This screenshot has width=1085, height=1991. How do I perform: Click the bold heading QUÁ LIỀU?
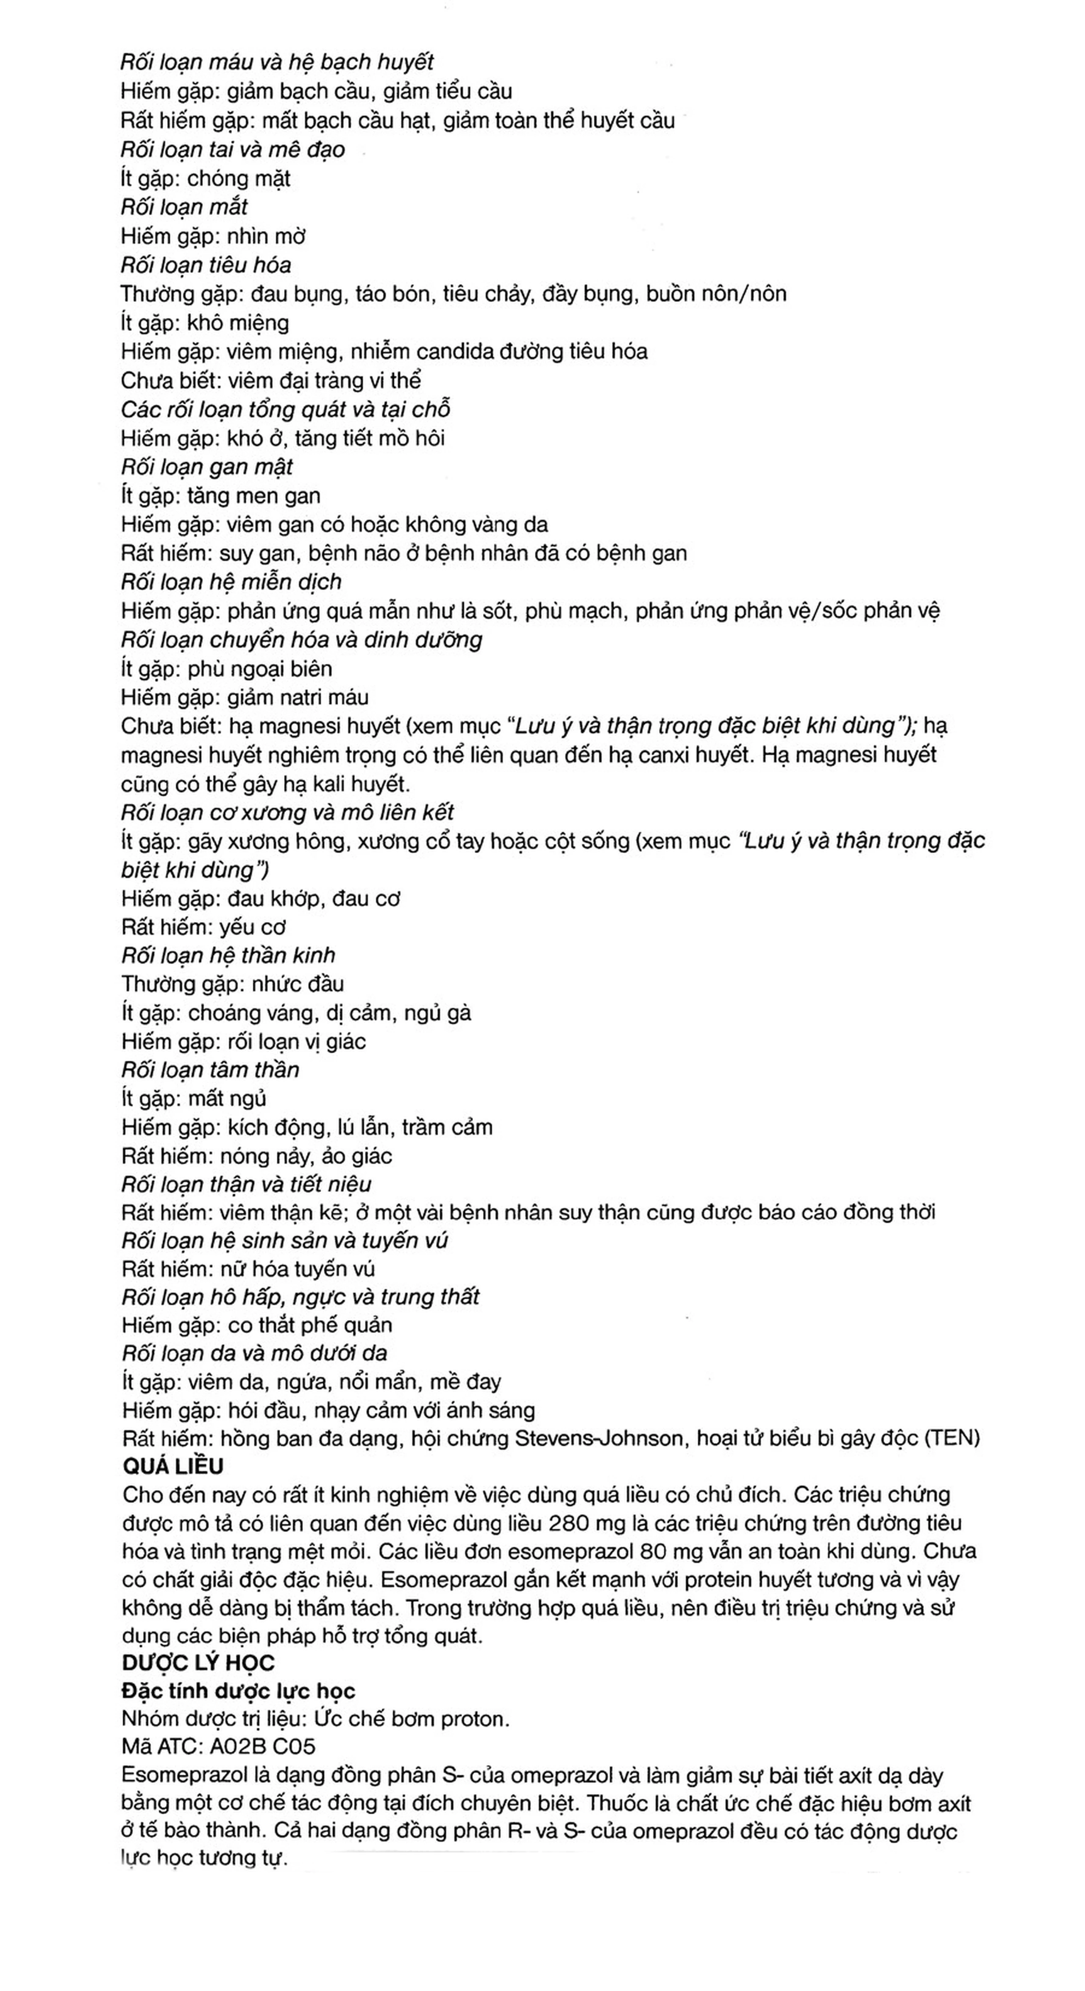click(x=172, y=1466)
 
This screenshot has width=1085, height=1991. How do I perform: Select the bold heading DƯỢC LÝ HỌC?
click(x=198, y=1662)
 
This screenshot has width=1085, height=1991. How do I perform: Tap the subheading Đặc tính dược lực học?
click(x=238, y=1691)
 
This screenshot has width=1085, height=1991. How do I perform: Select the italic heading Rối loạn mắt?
click(x=184, y=207)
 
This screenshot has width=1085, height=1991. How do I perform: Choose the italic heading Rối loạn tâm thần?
click(x=209, y=1070)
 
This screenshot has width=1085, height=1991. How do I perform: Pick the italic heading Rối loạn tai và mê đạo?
click(x=233, y=149)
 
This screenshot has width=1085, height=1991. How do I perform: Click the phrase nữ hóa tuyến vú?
click(x=298, y=1269)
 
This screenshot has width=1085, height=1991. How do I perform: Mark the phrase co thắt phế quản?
click(x=310, y=1325)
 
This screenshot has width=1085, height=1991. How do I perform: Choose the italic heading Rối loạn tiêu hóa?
click(x=206, y=265)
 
